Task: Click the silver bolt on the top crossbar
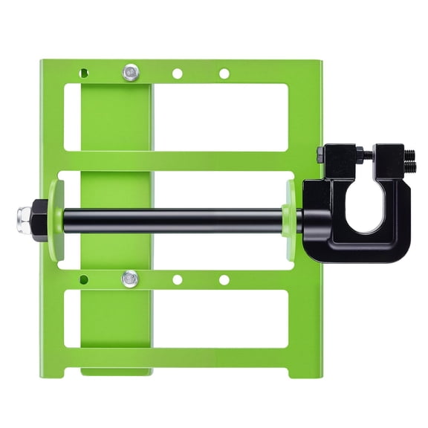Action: click(x=131, y=73)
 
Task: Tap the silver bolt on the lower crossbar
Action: click(x=130, y=279)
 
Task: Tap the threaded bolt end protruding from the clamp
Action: click(x=409, y=157)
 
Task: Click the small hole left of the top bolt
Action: click(x=84, y=74)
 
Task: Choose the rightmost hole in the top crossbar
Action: click(x=224, y=74)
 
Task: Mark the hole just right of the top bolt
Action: click(x=177, y=74)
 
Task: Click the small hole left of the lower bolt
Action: click(x=83, y=279)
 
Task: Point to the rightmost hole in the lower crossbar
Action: click(x=224, y=279)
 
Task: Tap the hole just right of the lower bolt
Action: click(x=177, y=279)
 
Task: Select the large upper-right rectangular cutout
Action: click(x=221, y=117)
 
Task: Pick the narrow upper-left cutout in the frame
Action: click(x=72, y=117)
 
